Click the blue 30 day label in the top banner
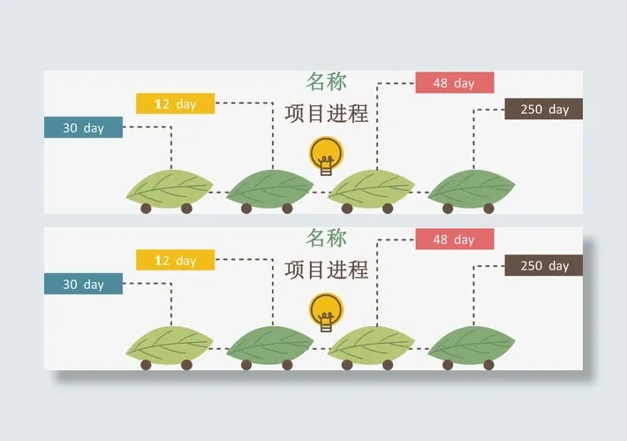(x=83, y=127)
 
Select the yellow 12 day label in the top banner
(x=175, y=103)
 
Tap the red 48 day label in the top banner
(x=454, y=83)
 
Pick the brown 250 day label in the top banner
(x=543, y=110)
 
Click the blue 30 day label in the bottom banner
(x=83, y=284)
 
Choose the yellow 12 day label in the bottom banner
(x=175, y=260)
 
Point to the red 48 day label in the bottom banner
(x=454, y=240)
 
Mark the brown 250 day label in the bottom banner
(x=543, y=265)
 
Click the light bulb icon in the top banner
(x=326, y=156)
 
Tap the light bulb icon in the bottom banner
(x=326, y=312)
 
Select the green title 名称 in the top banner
(x=326, y=82)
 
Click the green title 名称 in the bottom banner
(x=326, y=238)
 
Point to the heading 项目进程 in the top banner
(x=326, y=114)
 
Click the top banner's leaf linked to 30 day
(x=170, y=187)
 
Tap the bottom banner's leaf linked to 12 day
(x=270, y=344)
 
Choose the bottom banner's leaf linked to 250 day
(x=472, y=344)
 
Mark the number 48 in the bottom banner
(x=441, y=240)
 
